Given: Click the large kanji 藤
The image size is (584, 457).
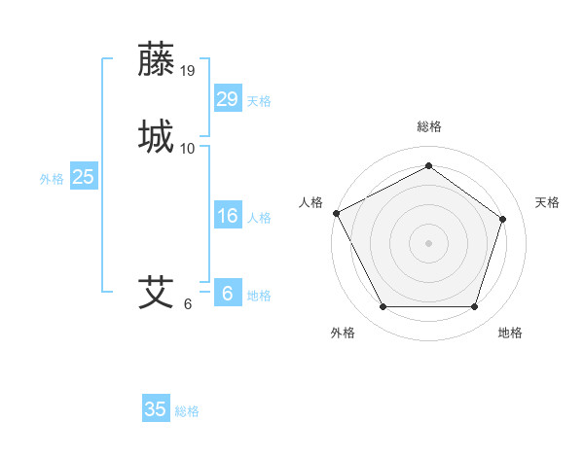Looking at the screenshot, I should pos(157,59).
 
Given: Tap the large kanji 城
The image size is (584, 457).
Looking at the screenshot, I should pos(157,136).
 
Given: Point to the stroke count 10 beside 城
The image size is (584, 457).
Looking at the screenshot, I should pos(188,149).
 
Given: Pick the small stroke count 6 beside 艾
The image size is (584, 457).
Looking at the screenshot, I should pos(188,304).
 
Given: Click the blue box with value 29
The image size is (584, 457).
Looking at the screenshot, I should pos(228,99).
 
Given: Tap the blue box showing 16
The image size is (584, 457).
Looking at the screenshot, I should pos(228,216).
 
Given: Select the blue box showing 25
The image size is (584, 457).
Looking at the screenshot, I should pos(84,177).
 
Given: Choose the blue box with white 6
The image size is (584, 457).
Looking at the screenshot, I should pos(228,294).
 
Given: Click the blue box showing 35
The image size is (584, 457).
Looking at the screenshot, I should pos(156,409).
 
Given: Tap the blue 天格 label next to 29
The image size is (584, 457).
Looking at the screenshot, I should pos(259,101).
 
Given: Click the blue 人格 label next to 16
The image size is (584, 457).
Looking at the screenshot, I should pos(259,218).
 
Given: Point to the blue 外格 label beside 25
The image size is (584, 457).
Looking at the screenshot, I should pos(52,179).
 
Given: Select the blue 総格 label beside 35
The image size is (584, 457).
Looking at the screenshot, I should pos(187,411).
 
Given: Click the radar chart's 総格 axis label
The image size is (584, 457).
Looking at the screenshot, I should pos(428,126).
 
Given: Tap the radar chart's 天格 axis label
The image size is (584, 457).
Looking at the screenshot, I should pos(547,202).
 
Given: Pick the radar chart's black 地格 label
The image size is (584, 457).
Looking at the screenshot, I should pos(510,334).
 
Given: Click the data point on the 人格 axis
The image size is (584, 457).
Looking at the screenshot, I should pos(336,213).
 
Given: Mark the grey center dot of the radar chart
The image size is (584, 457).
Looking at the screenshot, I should pos(428,242).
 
